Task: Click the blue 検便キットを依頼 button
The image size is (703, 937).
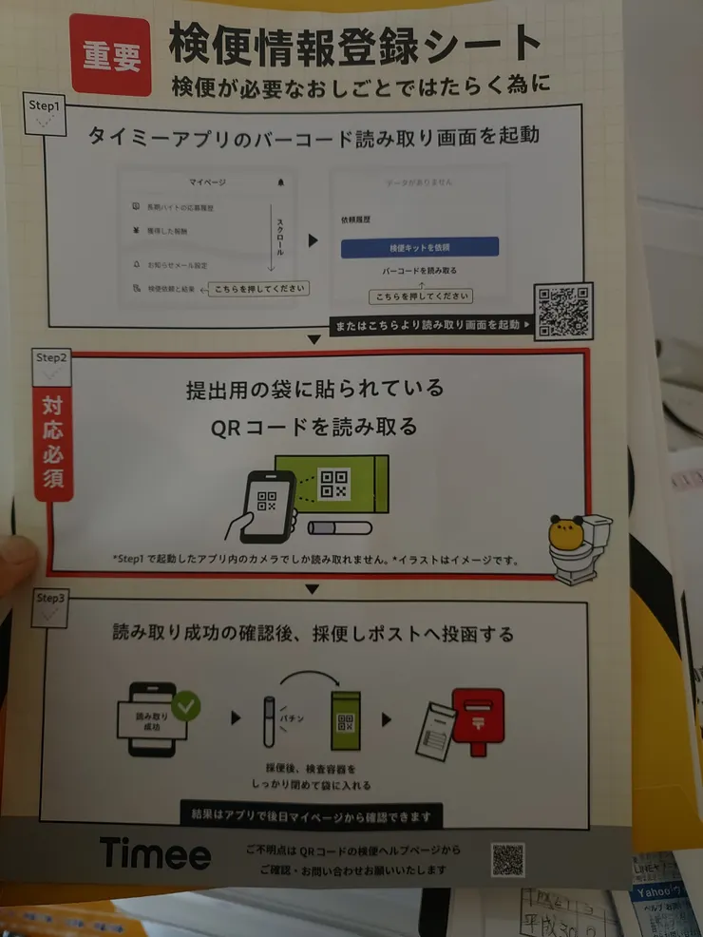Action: pos(419,247)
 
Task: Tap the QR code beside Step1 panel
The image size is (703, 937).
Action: pos(563,310)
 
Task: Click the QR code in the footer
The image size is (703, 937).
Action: pos(507,859)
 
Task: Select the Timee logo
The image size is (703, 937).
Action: pos(155,852)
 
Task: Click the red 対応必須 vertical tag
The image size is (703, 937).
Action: pos(54,444)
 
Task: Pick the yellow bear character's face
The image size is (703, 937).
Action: pos(566,535)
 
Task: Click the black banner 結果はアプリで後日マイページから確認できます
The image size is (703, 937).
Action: pos(311,815)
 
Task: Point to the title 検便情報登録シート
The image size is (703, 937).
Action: pos(355,43)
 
